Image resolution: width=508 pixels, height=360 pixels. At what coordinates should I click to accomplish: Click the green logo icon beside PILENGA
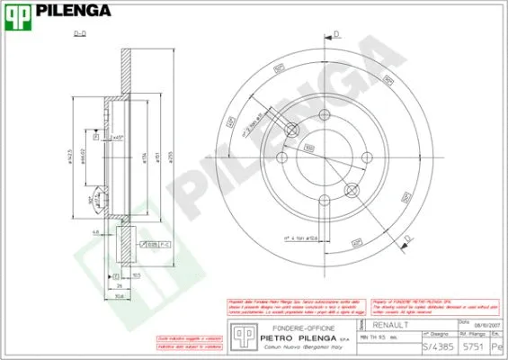tap(17, 13)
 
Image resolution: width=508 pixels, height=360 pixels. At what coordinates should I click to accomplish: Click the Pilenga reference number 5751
tap(472, 346)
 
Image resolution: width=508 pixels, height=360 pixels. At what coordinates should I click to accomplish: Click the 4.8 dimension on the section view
tap(94, 231)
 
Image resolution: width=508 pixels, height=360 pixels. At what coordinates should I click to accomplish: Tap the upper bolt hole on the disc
tap(322, 115)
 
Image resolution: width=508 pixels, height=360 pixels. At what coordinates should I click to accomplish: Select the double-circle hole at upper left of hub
tap(290, 131)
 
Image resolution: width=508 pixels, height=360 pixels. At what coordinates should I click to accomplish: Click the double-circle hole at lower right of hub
tap(352, 189)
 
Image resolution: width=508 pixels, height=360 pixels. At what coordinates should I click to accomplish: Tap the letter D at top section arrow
tap(336, 35)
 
